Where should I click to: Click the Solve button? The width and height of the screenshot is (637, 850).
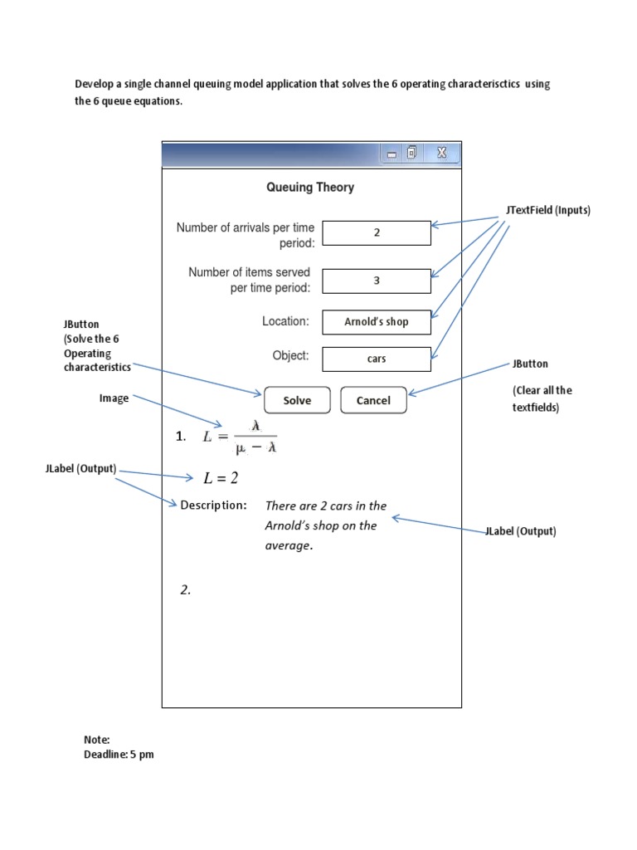pos(297,400)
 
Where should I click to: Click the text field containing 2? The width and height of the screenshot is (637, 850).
pos(377,233)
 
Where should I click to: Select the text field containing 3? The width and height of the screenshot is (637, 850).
pos(377,281)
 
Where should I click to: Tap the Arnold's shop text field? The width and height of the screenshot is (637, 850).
pos(377,321)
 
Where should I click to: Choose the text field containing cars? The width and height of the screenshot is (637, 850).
pos(377,359)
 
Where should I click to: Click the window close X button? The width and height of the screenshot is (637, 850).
pos(441,153)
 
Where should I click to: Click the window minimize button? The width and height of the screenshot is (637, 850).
pos(391,154)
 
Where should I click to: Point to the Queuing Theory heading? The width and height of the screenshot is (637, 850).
pos(310,188)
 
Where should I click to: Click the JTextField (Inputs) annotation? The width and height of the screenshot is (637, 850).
pos(547,211)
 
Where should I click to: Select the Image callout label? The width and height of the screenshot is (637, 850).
pos(114,398)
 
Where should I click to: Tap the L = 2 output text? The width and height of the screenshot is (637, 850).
pos(221,478)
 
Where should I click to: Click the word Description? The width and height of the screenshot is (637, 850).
pos(213,506)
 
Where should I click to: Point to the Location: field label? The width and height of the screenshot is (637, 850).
pos(285,321)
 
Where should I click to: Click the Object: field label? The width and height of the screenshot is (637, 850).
pos(290,356)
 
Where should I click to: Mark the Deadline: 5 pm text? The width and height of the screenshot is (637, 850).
pos(119,755)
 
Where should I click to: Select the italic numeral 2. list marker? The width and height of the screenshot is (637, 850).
pos(186,590)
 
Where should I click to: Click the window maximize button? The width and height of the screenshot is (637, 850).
pos(412,153)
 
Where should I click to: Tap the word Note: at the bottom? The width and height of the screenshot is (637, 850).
pos(97,740)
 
